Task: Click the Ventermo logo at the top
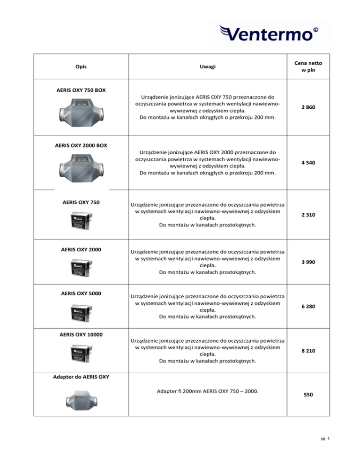[x=269, y=34]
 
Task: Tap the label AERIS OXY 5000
[x=81, y=294]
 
